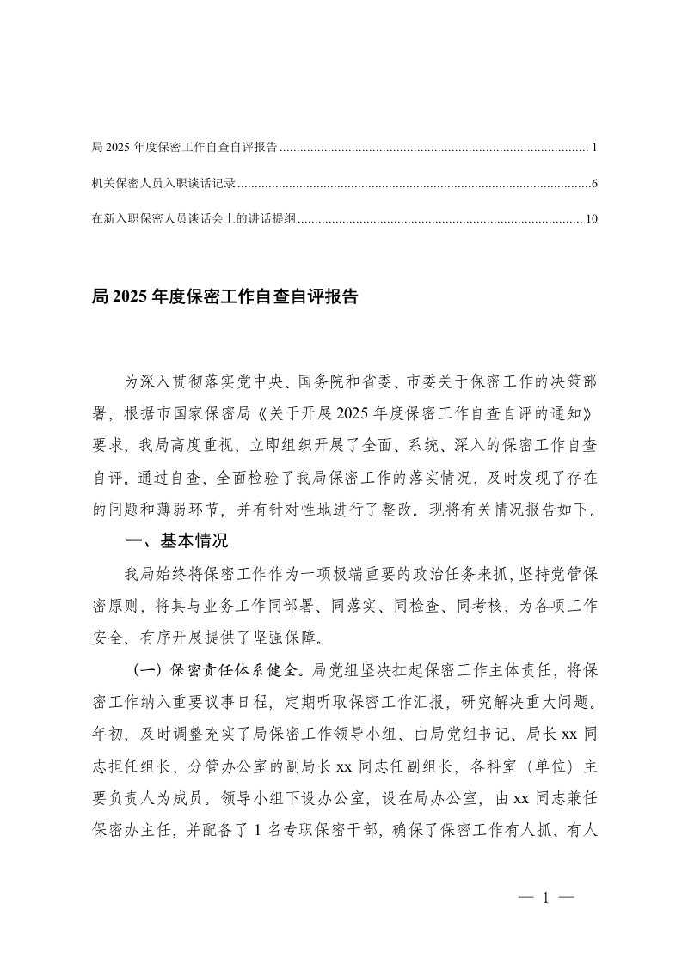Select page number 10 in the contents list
(590, 219)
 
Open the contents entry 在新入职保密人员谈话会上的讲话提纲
(194, 219)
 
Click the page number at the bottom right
(545, 898)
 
